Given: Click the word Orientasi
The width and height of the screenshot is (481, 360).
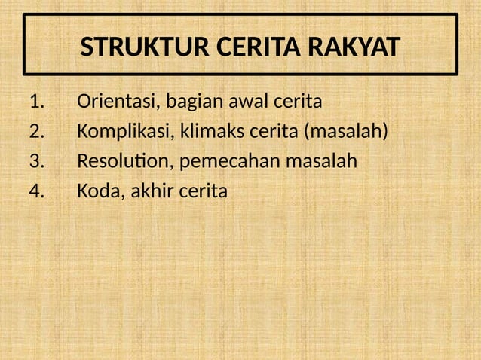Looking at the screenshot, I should point(117,101).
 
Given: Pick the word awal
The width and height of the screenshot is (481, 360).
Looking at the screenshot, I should point(238,101).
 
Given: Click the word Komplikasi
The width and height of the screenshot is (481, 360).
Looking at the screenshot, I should point(124,133).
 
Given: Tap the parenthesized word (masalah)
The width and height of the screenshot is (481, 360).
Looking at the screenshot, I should point(345,132).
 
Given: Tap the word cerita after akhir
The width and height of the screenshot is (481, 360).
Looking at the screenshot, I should point(203,192).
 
